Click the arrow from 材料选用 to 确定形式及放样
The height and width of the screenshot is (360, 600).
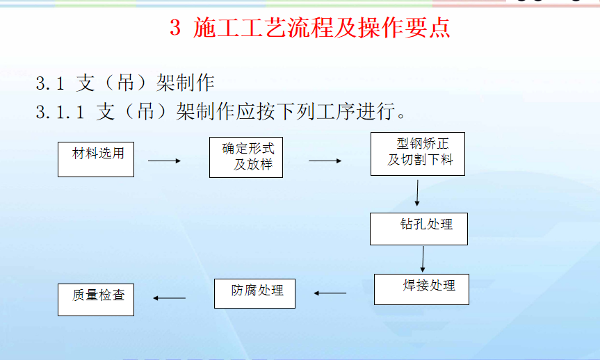tap(165, 161)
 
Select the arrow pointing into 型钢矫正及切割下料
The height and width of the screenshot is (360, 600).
tap(325, 161)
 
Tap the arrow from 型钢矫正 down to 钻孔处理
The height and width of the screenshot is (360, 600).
tap(417, 193)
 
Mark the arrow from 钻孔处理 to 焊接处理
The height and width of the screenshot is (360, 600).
tap(423, 259)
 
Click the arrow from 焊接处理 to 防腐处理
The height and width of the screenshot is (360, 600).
tap(330, 293)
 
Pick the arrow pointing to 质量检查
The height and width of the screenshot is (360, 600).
tap(169, 298)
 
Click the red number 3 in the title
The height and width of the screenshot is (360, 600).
tap(175, 28)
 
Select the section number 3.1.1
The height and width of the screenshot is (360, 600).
tap(60, 112)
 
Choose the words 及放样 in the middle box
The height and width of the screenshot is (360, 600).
tap(253, 165)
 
